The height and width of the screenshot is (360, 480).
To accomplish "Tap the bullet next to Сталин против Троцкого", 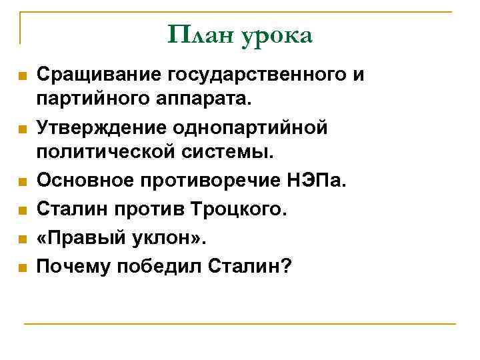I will pos(23,211).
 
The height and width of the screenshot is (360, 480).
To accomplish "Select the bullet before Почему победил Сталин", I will pos(23,268).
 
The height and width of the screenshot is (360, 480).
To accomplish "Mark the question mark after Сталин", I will pos(286,265).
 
